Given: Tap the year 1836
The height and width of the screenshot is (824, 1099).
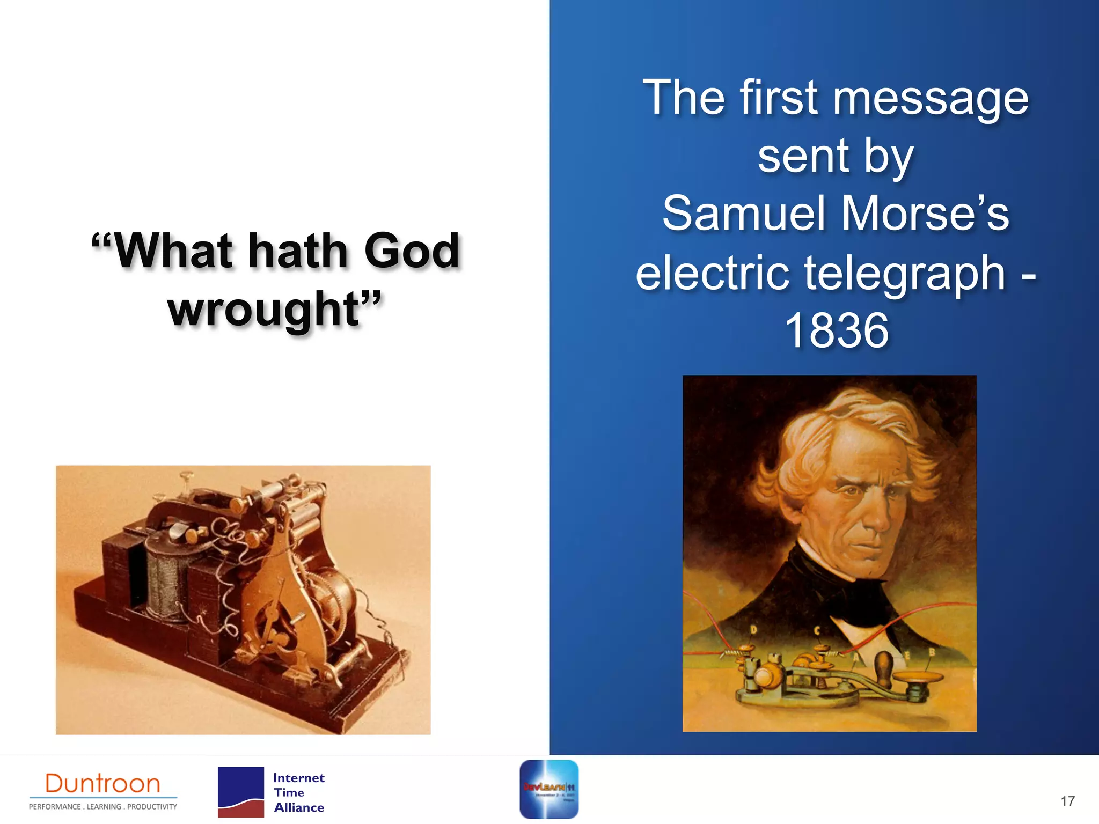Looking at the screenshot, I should coord(836,331).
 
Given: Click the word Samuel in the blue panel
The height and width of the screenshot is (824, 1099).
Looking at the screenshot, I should coord(743,214).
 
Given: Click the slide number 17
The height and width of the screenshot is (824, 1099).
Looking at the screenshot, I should coord(1067,801).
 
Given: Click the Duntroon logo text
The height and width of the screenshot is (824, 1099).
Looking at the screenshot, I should coord(102,784).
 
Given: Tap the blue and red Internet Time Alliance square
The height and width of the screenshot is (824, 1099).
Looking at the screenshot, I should coord(240,792).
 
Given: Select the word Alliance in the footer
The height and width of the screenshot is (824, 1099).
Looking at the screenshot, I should coord(299,807).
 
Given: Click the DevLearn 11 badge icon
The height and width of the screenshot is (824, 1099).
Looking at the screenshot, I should coord(549,789).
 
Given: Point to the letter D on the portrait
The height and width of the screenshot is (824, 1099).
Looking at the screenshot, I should coord(753,630).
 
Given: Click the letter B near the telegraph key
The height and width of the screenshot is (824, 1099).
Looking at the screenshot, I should coord(932,652).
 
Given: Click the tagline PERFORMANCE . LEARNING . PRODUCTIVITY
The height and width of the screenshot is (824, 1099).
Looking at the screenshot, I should coord(102,806).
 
